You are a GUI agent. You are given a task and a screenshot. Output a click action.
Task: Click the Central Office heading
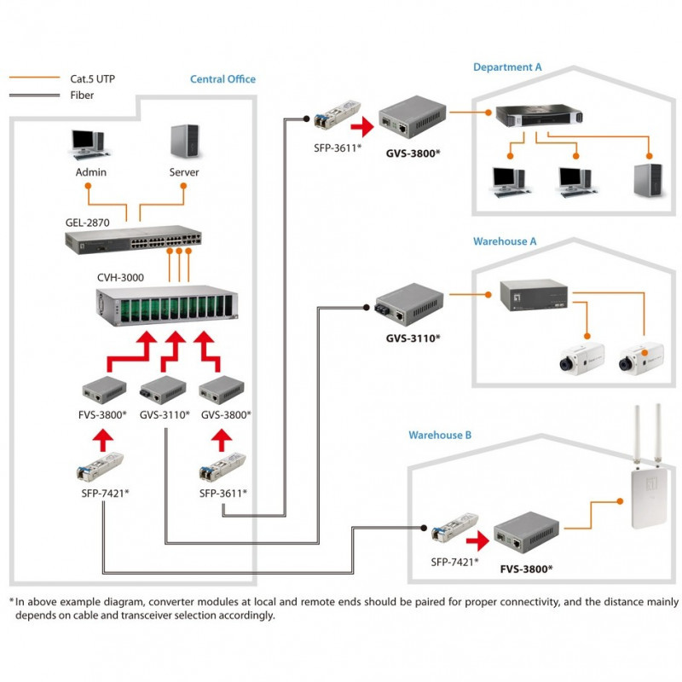[x=223, y=79]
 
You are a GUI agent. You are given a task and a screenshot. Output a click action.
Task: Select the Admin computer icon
[x=88, y=145]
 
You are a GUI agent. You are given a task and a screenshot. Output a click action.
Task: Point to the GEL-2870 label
[x=87, y=223]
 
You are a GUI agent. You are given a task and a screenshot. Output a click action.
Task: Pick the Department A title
[x=507, y=66]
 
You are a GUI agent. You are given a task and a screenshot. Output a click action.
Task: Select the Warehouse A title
[x=505, y=241]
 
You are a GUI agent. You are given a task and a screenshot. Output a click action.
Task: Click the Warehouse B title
[x=439, y=435]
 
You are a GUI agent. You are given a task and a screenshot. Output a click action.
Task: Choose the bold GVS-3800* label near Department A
[x=413, y=153]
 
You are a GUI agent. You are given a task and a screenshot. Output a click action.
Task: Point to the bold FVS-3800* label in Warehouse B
[x=526, y=568]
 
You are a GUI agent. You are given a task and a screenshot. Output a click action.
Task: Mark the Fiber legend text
[x=82, y=95]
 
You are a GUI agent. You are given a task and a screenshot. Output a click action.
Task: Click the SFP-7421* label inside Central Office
[x=101, y=493]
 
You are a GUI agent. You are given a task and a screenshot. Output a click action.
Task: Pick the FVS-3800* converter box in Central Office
[x=103, y=393]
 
